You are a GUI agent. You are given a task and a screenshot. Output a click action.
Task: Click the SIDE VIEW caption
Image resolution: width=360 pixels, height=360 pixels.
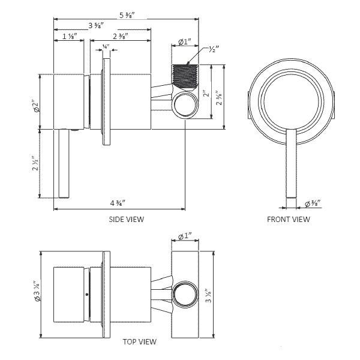(x=126, y=220)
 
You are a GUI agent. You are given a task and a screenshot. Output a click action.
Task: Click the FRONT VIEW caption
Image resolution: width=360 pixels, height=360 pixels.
(x=288, y=220)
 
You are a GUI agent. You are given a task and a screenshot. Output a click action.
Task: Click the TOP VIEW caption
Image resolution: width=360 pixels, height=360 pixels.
(x=139, y=342)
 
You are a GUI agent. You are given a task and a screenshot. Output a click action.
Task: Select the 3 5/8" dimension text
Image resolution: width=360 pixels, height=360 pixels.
(x=96, y=25)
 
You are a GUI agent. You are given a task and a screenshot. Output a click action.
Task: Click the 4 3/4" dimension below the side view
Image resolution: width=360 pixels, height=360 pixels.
(x=117, y=202)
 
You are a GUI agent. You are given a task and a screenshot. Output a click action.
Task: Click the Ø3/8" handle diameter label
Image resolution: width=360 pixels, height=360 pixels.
(x=313, y=203)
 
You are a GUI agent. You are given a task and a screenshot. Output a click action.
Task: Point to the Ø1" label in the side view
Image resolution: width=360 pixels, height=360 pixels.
(x=185, y=42)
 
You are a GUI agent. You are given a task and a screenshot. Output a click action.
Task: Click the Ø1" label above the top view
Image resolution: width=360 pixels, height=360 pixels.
(x=185, y=239)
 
